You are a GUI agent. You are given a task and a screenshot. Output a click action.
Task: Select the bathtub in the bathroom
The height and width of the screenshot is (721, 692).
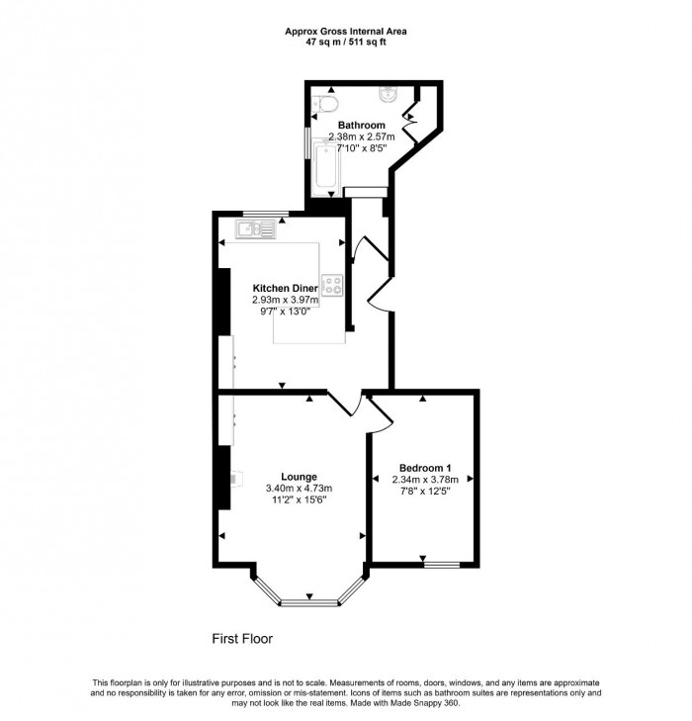pyautogui.click(x=323, y=164)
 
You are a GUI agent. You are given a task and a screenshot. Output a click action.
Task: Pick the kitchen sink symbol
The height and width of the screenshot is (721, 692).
pyautogui.click(x=258, y=230)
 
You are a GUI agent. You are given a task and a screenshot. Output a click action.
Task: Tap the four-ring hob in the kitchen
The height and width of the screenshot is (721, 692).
pyautogui.click(x=332, y=287)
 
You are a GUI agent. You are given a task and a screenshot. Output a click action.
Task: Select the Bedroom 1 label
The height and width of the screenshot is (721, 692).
pyautogui.click(x=425, y=468)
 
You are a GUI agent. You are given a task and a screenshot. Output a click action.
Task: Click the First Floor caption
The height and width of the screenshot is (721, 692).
pyautogui.click(x=242, y=639)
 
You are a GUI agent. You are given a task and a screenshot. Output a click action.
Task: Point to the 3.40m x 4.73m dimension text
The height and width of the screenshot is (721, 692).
pyautogui.click(x=299, y=489)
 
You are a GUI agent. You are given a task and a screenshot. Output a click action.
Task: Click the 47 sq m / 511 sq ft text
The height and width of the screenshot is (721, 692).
pyautogui.click(x=346, y=43)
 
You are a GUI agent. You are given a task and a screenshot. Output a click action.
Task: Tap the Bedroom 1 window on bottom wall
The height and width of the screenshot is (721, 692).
pyautogui.click(x=443, y=565)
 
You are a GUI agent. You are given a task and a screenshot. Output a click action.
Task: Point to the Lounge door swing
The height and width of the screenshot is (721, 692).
pyautogui.click(x=342, y=405)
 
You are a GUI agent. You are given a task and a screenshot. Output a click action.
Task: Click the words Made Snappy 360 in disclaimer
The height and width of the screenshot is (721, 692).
pyautogui.click(x=431, y=703)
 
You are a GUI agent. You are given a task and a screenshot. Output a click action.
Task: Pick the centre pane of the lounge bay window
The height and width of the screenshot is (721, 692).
pyautogui.click(x=310, y=601)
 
